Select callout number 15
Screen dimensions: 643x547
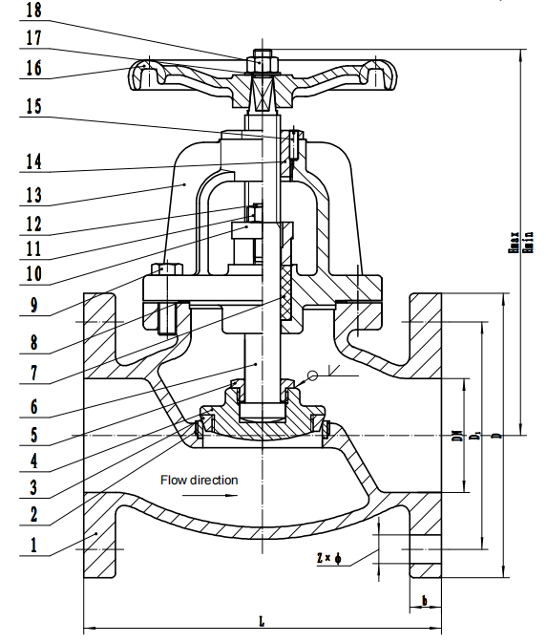[x=32, y=108]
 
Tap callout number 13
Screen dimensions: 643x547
[x=32, y=195]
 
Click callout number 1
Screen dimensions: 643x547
[x=32, y=545]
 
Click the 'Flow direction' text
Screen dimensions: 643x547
[x=199, y=480]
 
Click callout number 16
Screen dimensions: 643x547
[x=32, y=69]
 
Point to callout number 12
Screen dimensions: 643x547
[x=32, y=225]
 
